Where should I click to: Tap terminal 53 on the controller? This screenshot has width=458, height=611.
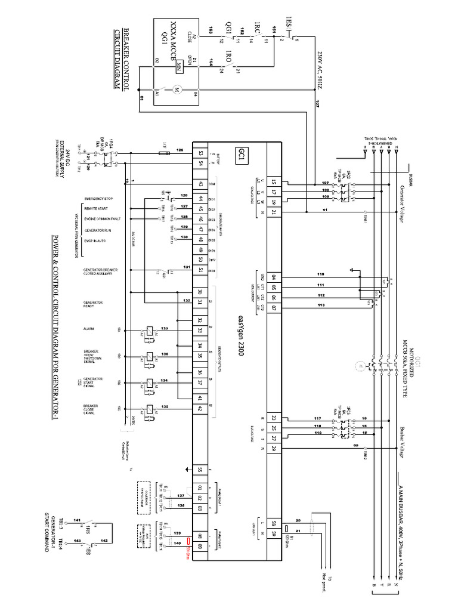coord(201,154)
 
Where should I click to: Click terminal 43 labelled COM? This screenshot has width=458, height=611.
coord(201,184)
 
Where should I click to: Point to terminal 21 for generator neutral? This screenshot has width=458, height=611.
coord(274,212)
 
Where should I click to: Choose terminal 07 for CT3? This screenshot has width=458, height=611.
coord(274,308)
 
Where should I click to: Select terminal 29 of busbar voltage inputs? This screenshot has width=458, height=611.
coord(274,448)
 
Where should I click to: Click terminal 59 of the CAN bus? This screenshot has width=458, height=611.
coord(274,533)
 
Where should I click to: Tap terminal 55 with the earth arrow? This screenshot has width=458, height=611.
coord(201,468)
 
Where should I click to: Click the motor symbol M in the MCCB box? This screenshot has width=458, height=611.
coord(175,90)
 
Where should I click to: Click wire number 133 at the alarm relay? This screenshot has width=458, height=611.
coord(164,329)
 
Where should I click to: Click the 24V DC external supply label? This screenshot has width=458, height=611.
coord(68,156)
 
